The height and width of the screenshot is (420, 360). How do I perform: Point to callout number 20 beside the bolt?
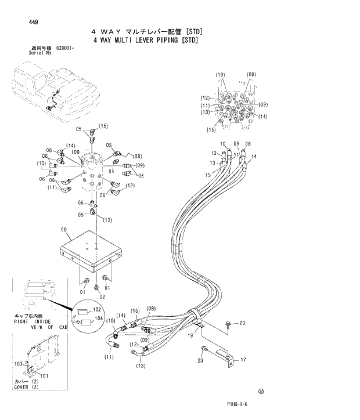(242, 323)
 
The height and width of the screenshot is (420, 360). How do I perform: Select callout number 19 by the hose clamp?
(189, 335)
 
